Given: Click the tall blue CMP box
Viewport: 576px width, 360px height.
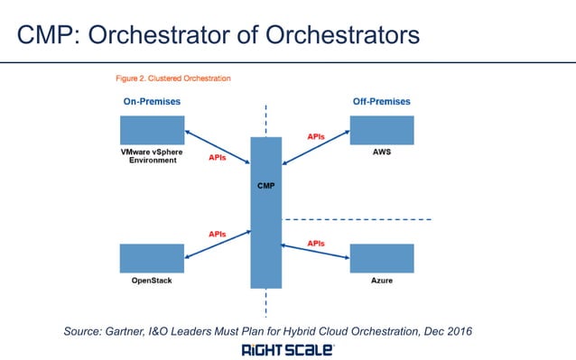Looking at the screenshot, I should pyautogui.click(x=265, y=210).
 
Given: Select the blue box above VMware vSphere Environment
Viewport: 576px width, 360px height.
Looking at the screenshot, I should pyautogui.click(x=152, y=129).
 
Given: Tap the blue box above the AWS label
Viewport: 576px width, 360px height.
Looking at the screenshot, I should pyautogui.click(x=382, y=129).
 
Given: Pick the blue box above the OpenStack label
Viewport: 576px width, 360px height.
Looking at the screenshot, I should pyautogui.click(x=152, y=258).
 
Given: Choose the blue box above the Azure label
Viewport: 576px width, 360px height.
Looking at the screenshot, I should pyautogui.click(x=382, y=258).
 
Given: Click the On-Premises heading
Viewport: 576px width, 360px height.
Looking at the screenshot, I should pyautogui.click(x=152, y=101).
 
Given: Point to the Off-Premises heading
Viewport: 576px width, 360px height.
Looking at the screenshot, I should pyautogui.click(x=382, y=101).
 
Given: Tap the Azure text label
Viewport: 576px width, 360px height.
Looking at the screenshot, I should pyautogui.click(x=382, y=282).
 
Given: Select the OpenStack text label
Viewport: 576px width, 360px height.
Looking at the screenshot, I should pyautogui.click(x=152, y=282).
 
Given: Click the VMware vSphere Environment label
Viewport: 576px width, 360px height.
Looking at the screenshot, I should pyautogui.click(x=152, y=157).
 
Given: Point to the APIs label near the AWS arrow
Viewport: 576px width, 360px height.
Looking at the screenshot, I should pyautogui.click(x=316, y=136).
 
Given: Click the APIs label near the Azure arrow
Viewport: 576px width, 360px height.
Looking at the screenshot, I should pyautogui.click(x=316, y=243).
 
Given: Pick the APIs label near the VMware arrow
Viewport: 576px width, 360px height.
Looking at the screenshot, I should pyautogui.click(x=218, y=156).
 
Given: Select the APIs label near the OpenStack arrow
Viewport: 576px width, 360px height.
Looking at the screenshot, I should pyautogui.click(x=218, y=234).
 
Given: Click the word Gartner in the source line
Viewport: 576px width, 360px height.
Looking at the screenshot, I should pyautogui.click(x=133, y=332).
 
